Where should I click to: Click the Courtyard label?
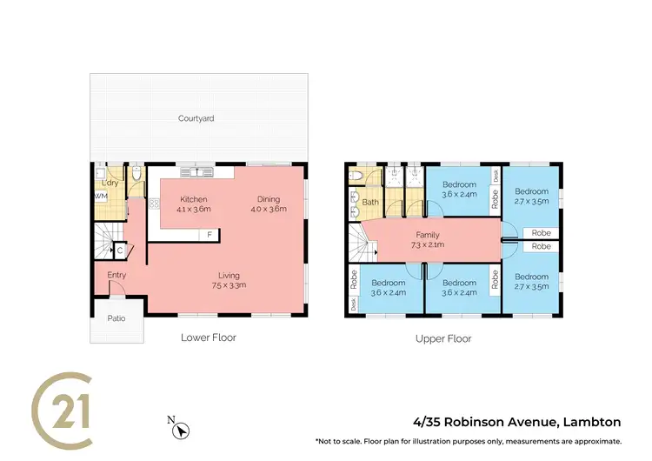[196, 118]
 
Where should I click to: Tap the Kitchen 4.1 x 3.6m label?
[193, 204]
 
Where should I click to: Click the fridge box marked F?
[210, 235]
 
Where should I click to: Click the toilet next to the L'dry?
[137, 177]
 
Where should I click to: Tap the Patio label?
[116, 318]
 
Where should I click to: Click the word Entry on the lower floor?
[116, 276]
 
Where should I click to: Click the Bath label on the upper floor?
[370, 202]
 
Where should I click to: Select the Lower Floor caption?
[208, 337]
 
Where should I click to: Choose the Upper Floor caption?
[443, 338]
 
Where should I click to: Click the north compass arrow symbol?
[179, 426]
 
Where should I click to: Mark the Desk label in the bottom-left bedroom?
[354, 304]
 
